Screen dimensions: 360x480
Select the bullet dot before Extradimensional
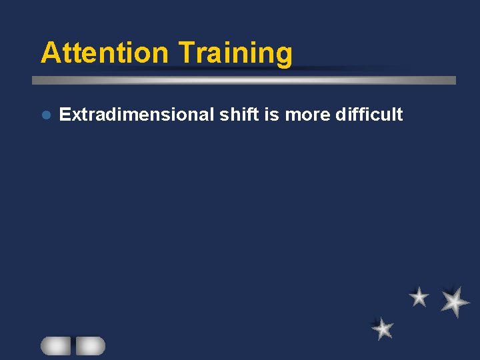coord(45,115)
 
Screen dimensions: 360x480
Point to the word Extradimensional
coord(136,115)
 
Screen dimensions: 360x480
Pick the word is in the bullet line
coord(271,115)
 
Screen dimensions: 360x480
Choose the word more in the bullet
coord(307,115)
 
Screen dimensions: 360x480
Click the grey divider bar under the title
coord(244,80)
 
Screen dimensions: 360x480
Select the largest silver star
coord(455,301)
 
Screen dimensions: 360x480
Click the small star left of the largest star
coord(419,297)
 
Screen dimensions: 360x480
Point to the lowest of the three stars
coord(383,328)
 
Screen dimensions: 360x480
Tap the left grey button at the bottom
coord(56,345)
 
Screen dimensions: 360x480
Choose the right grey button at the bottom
coord(90,345)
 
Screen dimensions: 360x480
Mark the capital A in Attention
coord(50,53)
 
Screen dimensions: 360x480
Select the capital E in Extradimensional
coord(65,115)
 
